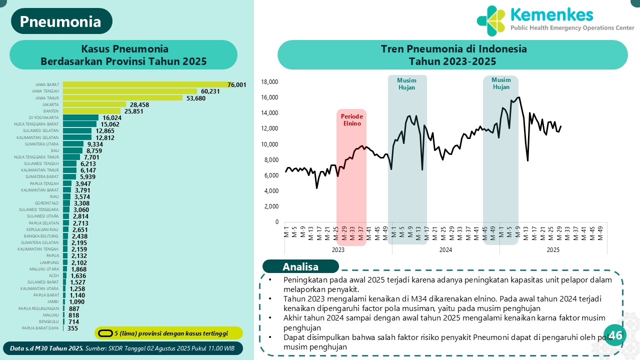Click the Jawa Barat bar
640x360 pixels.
point(145,84)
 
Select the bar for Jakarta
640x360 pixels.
point(94,104)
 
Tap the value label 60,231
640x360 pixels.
point(211,91)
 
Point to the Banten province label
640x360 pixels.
point(51,111)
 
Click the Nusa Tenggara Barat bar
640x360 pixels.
point(79,124)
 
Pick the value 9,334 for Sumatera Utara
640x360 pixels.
point(95,144)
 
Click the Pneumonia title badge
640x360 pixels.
point(60,21)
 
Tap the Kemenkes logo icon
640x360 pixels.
point(491,20)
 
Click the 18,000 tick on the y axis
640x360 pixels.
point(269,82)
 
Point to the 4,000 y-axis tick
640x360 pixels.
point(271,191)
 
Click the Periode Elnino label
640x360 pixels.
point(351,119)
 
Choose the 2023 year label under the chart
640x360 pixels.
point(338,250)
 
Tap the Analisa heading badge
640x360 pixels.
point(300,266)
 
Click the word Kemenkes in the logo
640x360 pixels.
point(551,14)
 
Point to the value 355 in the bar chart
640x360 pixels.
point(72,328)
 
